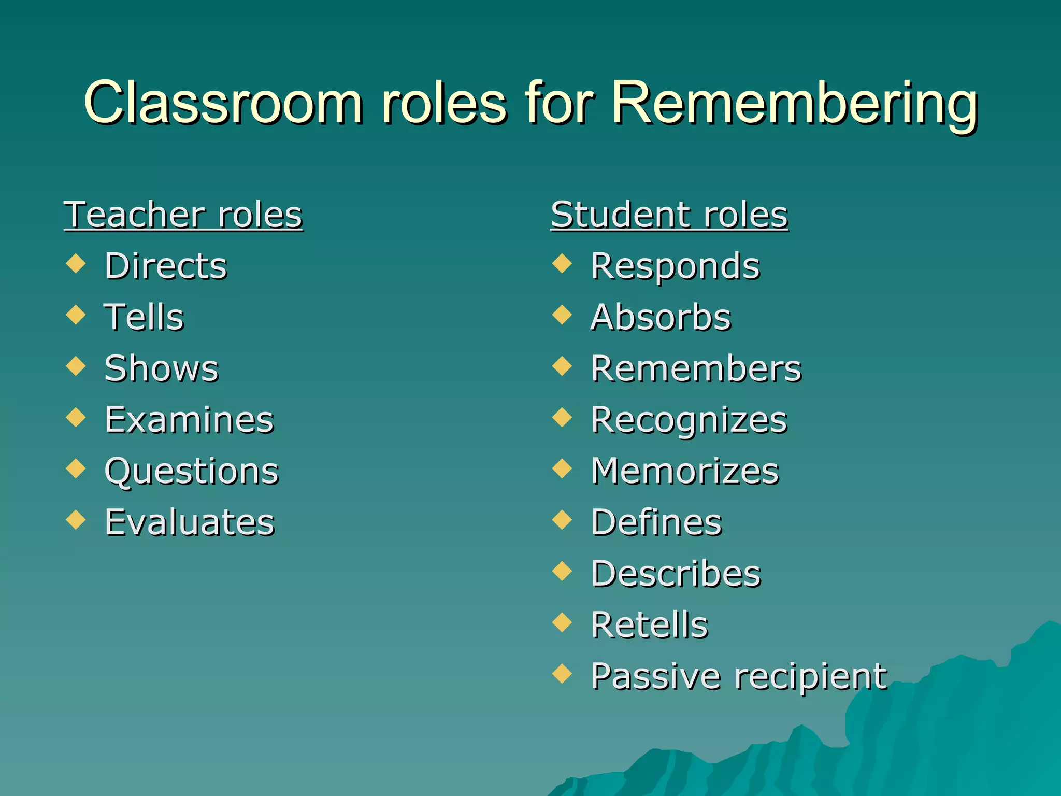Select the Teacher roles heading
coord(183,215)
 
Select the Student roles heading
coord(669,215)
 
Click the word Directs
coord(166,266)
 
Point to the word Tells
coord(144,317)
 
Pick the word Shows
coord(162,368)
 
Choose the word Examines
coord(189,420)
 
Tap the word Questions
coord(192,472)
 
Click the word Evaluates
coord(190,522)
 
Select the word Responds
coord(675,266)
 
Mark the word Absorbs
coord(661,317)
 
